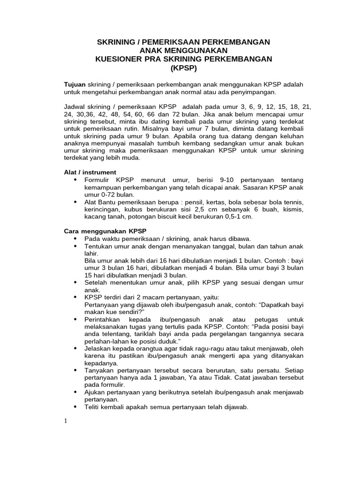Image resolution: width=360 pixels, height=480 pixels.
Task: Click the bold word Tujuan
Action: [x=75, y=84]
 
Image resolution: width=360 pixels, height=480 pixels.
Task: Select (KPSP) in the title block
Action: [x=183, y=67]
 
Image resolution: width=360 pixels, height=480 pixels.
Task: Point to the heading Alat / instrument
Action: [x=90, y=172]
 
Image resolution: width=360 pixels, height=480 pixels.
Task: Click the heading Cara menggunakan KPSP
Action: [x=105, y=231]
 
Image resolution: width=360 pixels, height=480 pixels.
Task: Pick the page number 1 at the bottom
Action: [x=66, y=420]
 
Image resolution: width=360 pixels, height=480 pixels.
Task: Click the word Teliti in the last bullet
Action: [x=93, y=407]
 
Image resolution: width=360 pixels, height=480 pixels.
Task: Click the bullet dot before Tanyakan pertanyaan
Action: [x=75, y=370]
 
